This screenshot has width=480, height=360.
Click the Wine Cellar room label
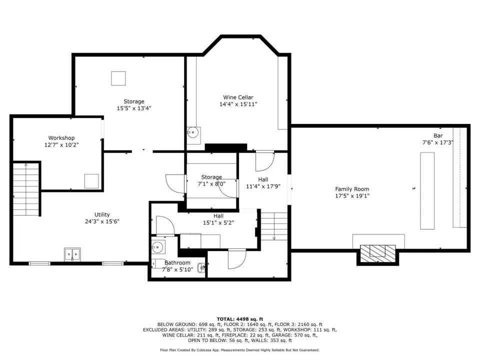(238, 97)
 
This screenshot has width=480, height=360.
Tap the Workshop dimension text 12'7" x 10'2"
(61, 145)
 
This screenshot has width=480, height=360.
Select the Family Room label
(352, 189)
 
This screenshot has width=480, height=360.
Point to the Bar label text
(438, 135)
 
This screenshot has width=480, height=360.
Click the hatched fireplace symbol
(378, 253)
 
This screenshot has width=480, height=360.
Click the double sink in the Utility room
(72, 254)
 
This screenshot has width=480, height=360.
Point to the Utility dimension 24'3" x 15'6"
(102, 221)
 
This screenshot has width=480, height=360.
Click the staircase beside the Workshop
(26, 189)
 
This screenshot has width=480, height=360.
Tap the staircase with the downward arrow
(274, 226)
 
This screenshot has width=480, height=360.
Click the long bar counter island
(427, 190)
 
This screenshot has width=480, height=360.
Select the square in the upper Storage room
(118, 78)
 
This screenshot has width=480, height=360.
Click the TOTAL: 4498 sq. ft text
(240, 319)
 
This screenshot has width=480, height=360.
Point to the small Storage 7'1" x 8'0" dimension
(211, 184)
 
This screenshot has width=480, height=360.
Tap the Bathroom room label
(177, 262)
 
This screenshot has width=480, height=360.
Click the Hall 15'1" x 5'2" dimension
(218, 223)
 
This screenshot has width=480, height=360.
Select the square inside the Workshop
(91, 181)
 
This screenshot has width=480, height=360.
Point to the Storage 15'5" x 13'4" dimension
(134, 108)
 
